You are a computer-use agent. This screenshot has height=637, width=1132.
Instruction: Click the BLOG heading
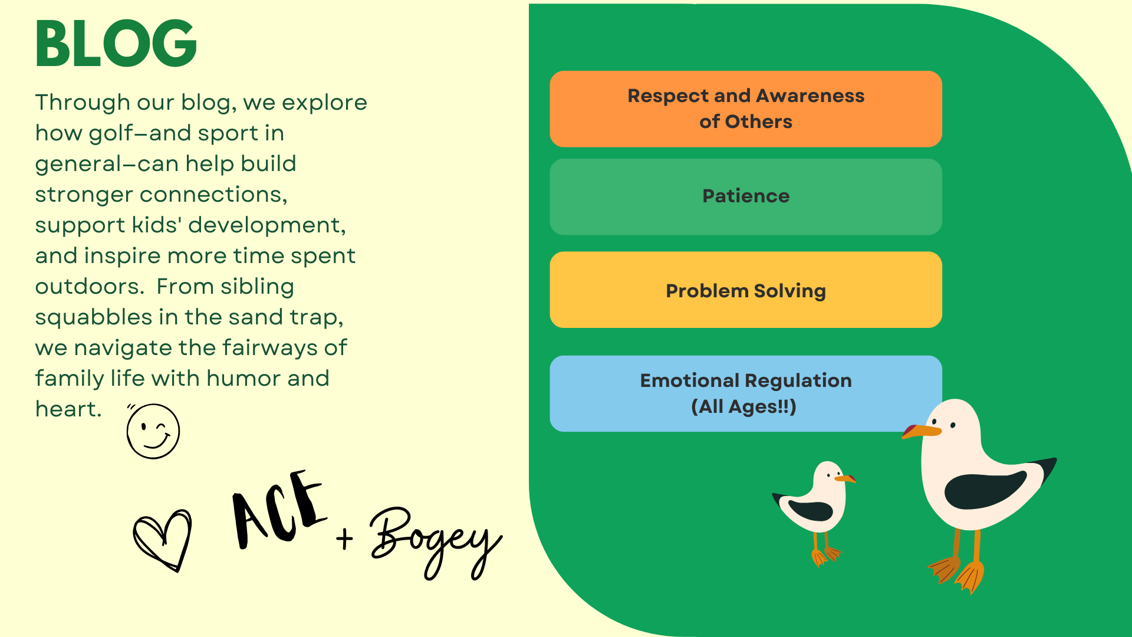click(x=116, y=44)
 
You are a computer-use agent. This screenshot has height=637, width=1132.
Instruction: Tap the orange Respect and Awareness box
click(x=746, y=109)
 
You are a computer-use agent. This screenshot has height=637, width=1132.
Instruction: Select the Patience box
click(x=746, y=196)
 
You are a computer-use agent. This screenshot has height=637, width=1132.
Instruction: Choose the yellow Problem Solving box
click(x=746, y=290)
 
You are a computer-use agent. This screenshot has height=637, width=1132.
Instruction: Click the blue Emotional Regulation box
click(x=746, y=393)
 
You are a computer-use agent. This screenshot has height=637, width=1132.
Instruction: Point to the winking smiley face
click(x=153, y=431)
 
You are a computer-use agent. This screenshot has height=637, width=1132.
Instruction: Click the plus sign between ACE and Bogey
click(x=345, y=538)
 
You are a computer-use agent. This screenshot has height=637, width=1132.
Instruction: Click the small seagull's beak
click(x=845, y=478)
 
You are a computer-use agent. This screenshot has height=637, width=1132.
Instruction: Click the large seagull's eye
click(x=953, y=425)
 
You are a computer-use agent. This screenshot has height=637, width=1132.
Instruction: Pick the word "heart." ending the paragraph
click(x=68, y=409)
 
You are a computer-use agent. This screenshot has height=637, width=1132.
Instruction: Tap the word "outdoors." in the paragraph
click(x=90, y=287)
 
